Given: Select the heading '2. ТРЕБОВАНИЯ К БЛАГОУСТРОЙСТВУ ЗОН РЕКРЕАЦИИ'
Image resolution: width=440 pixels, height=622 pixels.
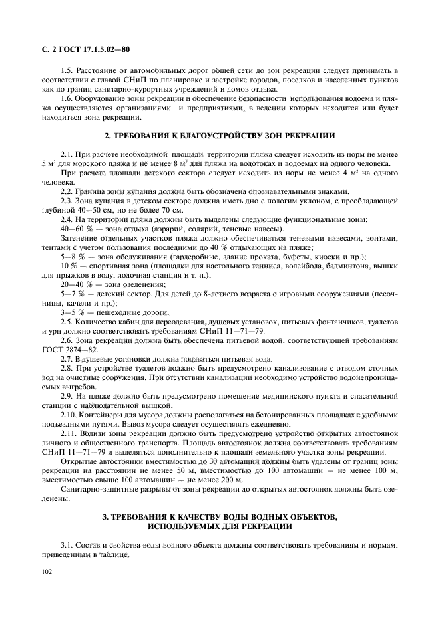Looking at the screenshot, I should point(220,136).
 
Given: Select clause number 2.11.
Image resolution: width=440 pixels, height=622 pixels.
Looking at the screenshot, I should point(70,433).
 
